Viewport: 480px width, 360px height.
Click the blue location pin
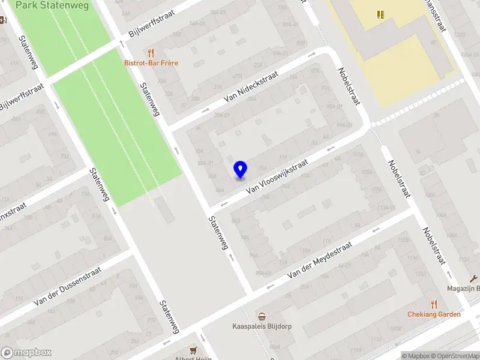[240, 169]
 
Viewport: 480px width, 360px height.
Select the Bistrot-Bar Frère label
[151, 63]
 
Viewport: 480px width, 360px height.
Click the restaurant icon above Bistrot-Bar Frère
[151, 53]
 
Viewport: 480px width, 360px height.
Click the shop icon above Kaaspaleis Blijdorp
[261, 317]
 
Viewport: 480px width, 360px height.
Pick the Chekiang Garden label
[434, 314]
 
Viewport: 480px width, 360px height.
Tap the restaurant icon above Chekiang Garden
[434, 304]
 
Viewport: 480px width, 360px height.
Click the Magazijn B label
[463, 288]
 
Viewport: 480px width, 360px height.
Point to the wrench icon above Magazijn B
[473, 278]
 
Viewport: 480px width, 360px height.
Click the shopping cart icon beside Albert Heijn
[193, 349]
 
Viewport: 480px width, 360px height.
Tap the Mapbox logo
[26, 353]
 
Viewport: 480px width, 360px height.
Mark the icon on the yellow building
[380, 14]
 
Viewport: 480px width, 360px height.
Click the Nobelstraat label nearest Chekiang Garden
[433, 247]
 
